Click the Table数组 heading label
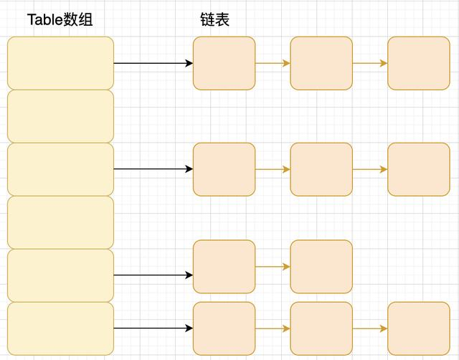pyautogui.click(x=60, y=20)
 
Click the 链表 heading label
pyautogui.click(x=214, y=20)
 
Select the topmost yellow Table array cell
pyautogui.click(x=60, y=63)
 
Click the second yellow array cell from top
pyautogui.click(x=60, y=116)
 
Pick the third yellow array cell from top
pyautogui.click(x=60, y=169)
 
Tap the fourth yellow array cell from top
pyautogui.click(x=60, y=222)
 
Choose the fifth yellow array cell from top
pyautogui.click(x=60, y=275)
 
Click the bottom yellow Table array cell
pyautogui.click(x=60, y=328)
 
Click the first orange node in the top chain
pyautogui.click(x=224, y=63)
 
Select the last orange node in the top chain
pyautogui.click(x=418, y=63)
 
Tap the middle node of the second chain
pyautogui.click(x=321, y=169)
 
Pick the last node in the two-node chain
pyautogui.click(x=321, y=267)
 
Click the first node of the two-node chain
pyautogui.click(x=224, y=267)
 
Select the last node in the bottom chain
pyautogui.click(x=418, y=328)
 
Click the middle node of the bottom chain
pyautogui.click(x=321, y=328)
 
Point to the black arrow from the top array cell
pyautogui.click(x=153, y=63)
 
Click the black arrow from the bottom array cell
pyautogui.click(x=153, y=328)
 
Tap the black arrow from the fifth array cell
pyautogui.click(x=153, y=275)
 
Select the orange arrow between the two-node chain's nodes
pyautogui.click(x=273, y=267)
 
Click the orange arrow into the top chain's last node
pyautogui.click(x=370, y=63)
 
